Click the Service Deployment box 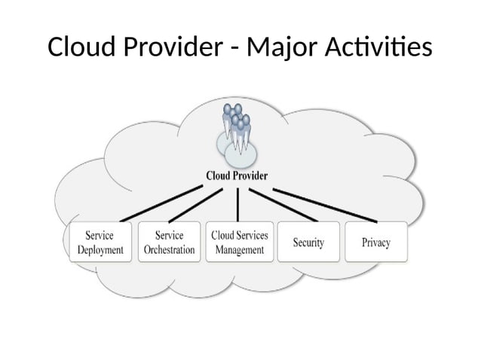(x=100, y=242)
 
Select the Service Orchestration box (x=169, y=242)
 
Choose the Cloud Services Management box (x=238, y=242)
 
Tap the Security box (x=308, y=242)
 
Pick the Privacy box (x=375, y=242)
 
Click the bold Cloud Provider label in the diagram (x=237, y=175)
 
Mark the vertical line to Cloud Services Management (x=238, y=203)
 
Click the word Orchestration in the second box (x=169, y=249)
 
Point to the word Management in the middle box (x=238, y=249)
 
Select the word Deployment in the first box (x=100, y=249)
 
